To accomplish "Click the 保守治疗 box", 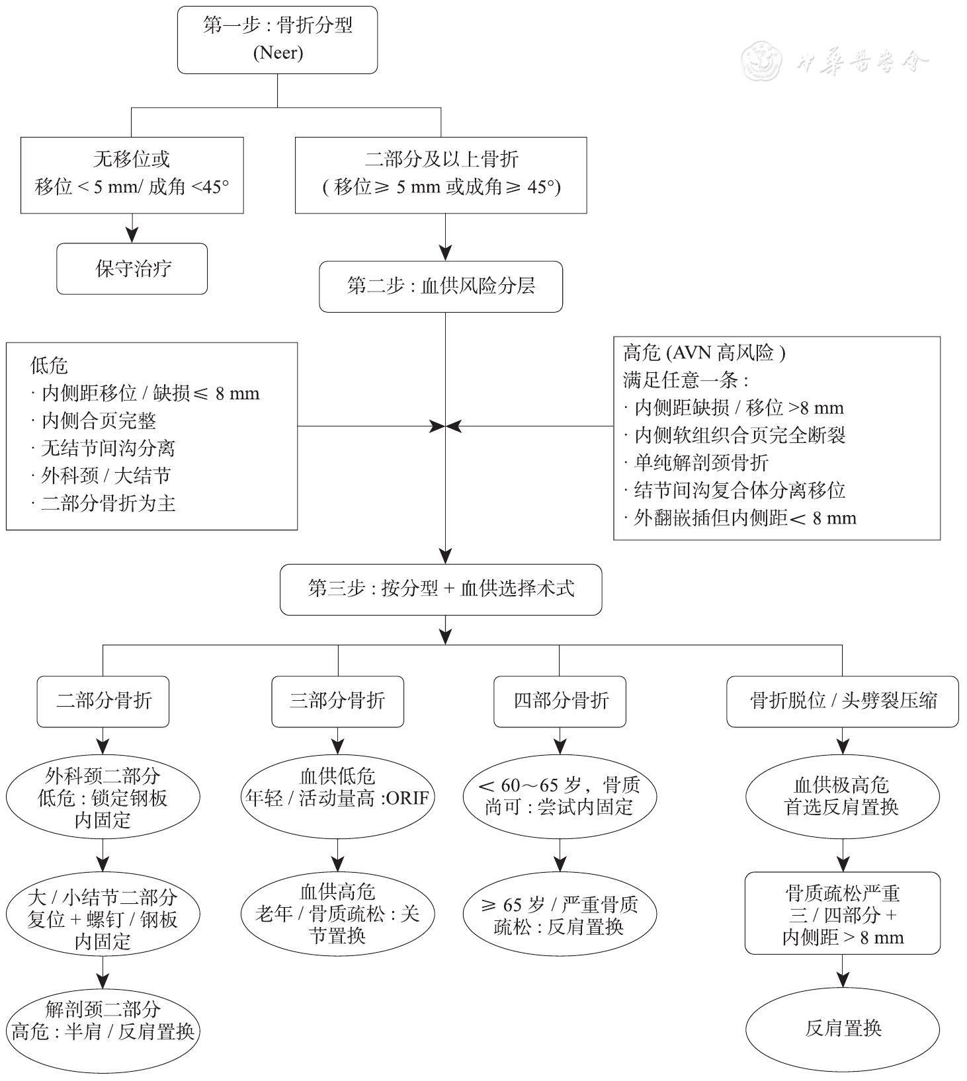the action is click(132, 268).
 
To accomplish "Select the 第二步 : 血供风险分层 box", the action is click(441, 286).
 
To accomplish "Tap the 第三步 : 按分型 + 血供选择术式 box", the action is click(441, 589).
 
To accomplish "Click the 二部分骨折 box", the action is click(103, 701).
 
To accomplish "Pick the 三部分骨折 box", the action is click(338, 701).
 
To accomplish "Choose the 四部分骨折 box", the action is click(560, 701).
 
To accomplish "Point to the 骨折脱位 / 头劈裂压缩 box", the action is click(843, 701).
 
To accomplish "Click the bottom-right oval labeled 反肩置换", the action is click(843, 1029).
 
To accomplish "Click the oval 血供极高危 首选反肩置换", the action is click(843, 797).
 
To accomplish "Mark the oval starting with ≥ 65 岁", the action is click(560, 915).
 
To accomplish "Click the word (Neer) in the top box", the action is click(278, 53).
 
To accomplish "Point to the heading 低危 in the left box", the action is click(49, 366).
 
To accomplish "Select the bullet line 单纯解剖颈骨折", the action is click(696, 462).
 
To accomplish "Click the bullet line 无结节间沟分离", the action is click(103, 448).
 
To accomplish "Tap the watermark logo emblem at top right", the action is click(763, 61).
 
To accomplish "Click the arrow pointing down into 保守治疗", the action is click(132, 228).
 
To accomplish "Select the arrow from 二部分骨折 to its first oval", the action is click(103, 741).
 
